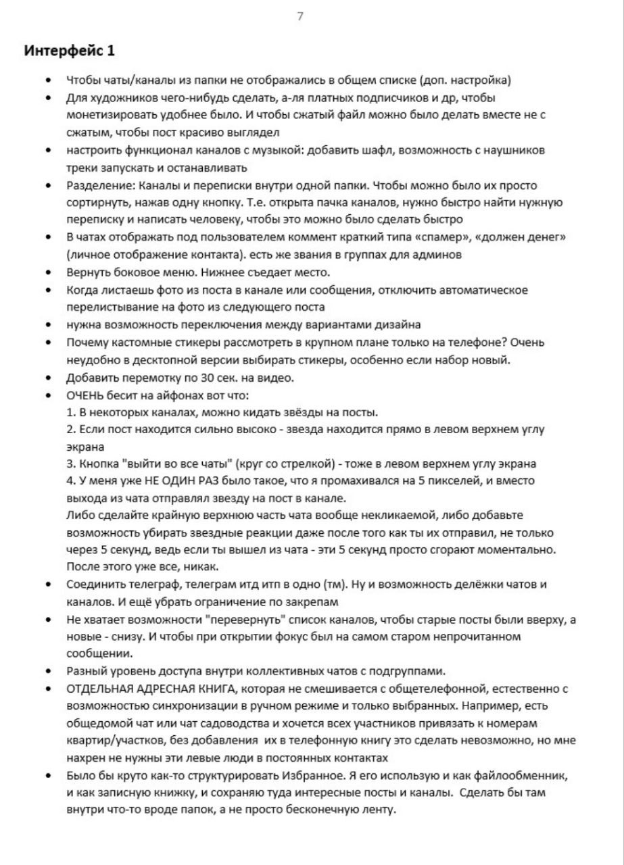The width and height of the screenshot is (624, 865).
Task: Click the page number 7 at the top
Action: coord(300,17)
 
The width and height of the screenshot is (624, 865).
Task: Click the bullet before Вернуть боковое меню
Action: coord(49,272)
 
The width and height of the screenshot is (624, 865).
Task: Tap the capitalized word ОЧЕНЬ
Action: coord(86,395)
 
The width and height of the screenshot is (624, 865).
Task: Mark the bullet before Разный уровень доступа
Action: coord(49,671)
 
